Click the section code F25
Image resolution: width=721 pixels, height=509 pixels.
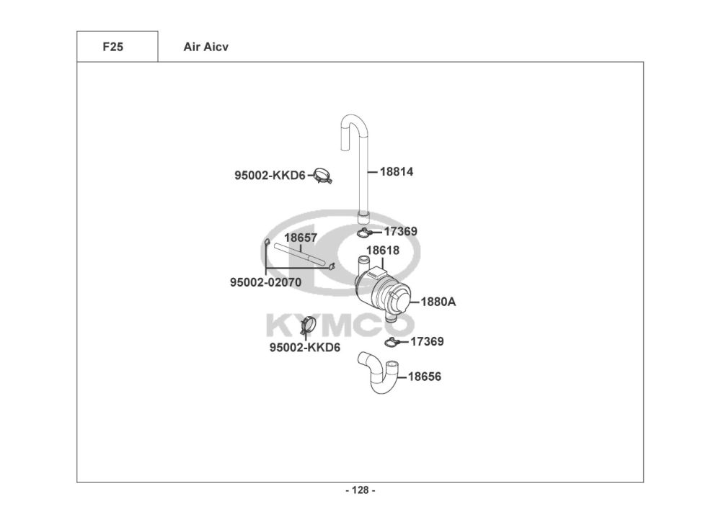coord(112,47)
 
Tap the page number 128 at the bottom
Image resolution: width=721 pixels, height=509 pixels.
coord(360,490)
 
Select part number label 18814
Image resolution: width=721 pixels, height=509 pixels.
coord(396,172)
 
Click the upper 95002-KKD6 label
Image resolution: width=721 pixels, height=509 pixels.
coord(270,175)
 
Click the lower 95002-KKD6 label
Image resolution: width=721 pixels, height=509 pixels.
coord(305,348)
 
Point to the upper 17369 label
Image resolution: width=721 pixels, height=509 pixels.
coord(400,232)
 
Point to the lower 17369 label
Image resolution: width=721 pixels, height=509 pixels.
coord(427,341)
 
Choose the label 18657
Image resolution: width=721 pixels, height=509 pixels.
coord(301,237)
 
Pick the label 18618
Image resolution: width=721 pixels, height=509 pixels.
coord(382,251)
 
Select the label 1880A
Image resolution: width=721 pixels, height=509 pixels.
coord(438,302)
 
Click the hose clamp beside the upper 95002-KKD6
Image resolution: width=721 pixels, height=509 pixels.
coord(322,175)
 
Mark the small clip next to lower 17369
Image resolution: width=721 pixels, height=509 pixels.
coord(393,341)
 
